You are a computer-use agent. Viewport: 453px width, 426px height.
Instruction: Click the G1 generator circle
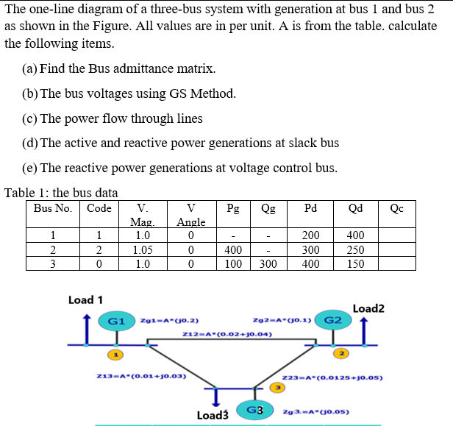(115, 322)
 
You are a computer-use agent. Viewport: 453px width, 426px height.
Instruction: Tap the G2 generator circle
(332, 320)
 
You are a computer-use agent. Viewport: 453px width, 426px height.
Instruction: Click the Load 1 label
(85, 300)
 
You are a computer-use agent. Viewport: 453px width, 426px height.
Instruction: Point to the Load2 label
(368, 309)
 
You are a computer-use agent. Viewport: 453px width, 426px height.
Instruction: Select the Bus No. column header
(52, 208)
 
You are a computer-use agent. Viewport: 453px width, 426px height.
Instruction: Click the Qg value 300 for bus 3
(268, 263)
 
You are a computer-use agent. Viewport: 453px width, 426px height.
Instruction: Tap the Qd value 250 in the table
(356, 249)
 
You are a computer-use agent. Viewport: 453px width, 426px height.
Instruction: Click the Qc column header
(397, 208)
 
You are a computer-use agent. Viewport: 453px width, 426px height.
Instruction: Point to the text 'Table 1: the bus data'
(61, 193)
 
